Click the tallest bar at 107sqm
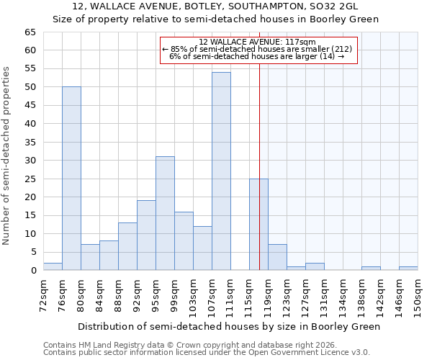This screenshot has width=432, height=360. click(221, 171)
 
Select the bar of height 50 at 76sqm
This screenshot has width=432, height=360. click(71, 179)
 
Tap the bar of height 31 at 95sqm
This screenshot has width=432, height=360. click(165, 213)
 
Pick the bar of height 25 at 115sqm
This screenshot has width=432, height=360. click(258, 225)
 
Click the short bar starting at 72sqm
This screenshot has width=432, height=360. click(53, 266)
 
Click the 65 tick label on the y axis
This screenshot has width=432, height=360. click(30, 32)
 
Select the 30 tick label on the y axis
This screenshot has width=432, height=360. click(30, 161)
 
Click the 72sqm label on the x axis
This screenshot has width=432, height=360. click(43, 297)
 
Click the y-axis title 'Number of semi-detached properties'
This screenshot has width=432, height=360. click(7, 156)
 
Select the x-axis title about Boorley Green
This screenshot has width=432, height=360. click(230, 326)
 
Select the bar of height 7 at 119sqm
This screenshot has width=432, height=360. click(277, 257)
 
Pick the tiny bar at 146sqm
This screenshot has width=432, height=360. click(408, 269)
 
